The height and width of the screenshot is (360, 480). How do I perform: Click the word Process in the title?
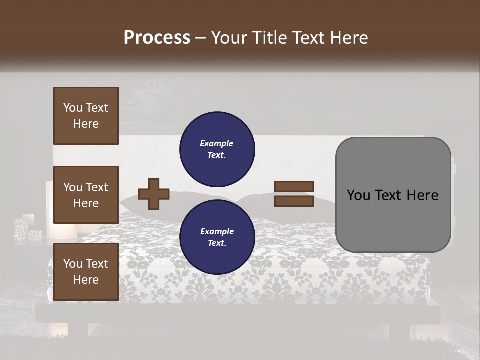tap(157, 37)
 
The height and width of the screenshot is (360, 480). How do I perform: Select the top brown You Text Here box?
tap(86, 116)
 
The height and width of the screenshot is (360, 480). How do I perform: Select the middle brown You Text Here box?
tap(86, 195)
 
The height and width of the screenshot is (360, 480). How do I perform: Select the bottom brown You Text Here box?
tap(86, 271)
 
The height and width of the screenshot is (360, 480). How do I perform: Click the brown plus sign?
tap(154, 193)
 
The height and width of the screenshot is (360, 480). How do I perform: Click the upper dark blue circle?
tap(217, 149)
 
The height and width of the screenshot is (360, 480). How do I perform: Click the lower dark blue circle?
tap(217, 237)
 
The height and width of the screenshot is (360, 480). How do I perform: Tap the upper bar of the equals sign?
tap(294, 186)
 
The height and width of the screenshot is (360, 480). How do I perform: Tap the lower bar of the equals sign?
tap(294, 201)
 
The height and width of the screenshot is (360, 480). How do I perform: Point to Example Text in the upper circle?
tap(217, 149)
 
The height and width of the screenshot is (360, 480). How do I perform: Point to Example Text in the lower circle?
tap(217, 237)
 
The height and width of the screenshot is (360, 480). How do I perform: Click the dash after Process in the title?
tap(201, 38)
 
